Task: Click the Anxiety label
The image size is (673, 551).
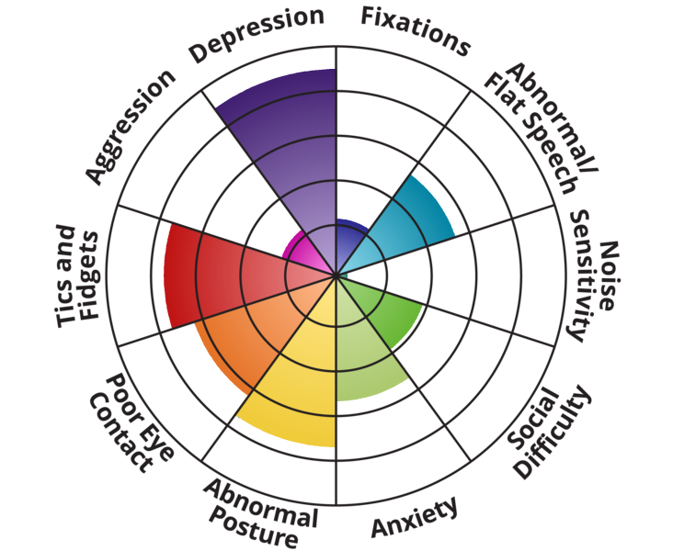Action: tap(413, 519)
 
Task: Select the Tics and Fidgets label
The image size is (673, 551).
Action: tap(77, 275)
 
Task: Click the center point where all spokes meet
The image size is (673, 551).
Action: tap(336, 275)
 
